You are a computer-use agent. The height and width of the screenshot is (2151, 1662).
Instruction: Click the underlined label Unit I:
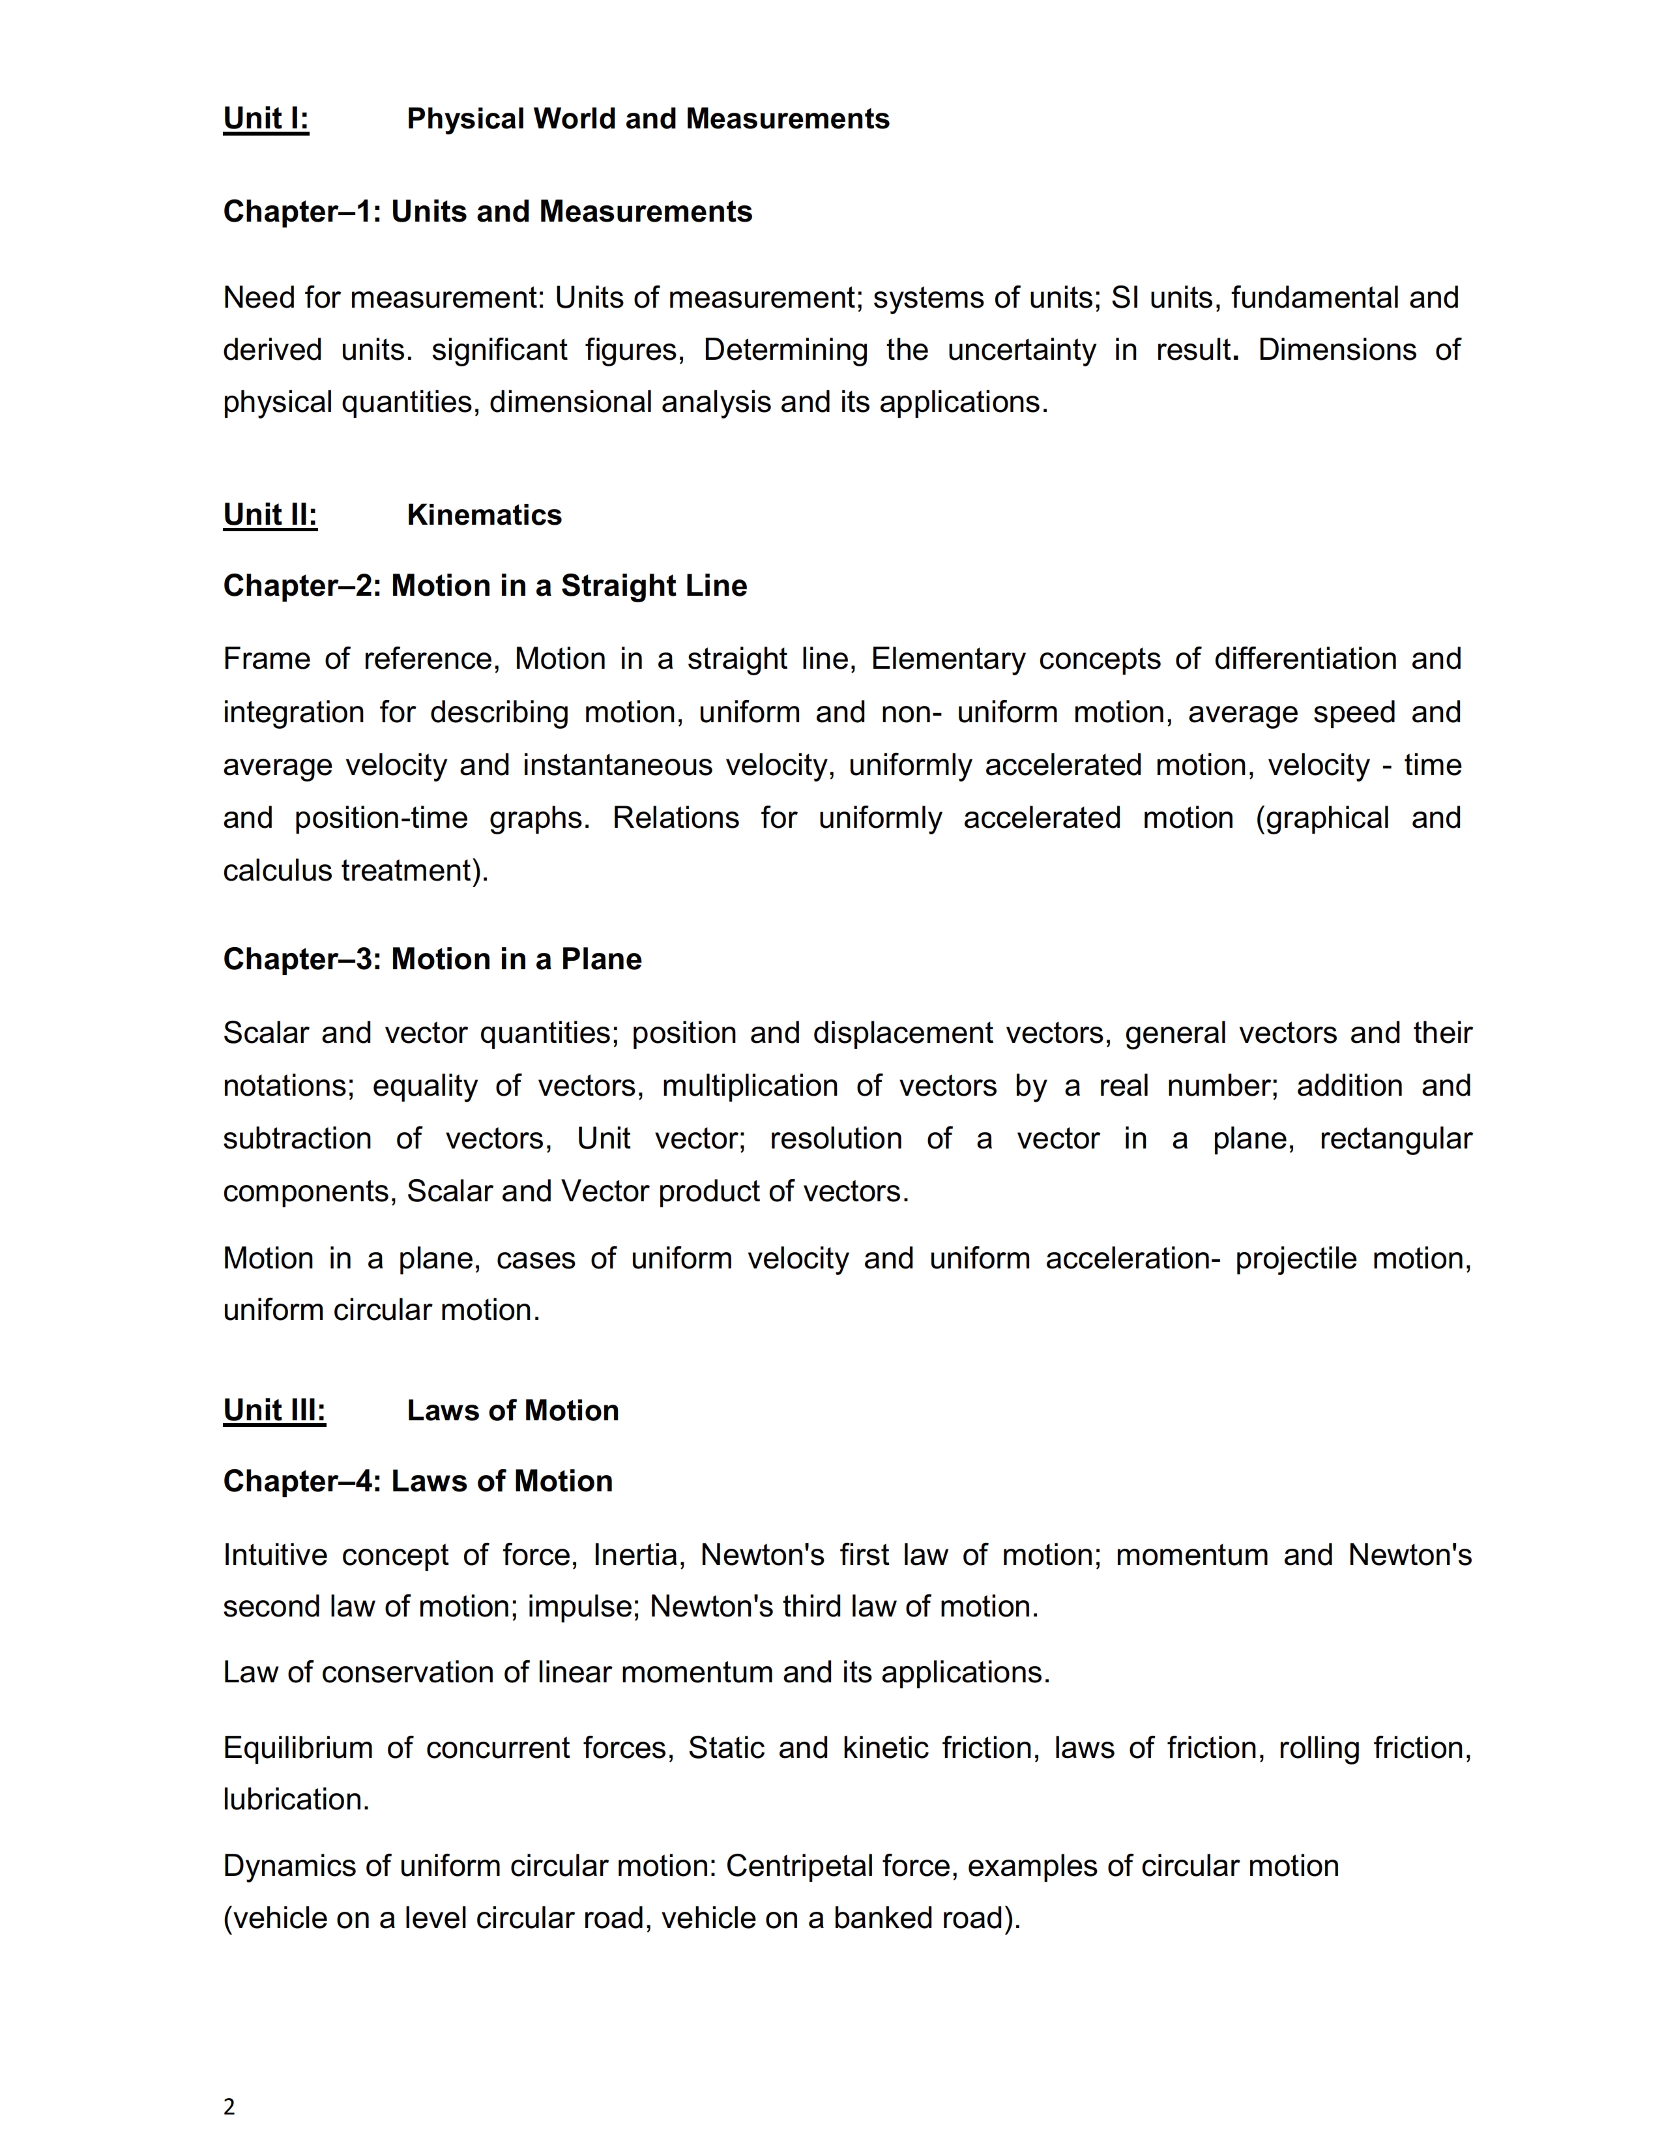(x=266, y=119)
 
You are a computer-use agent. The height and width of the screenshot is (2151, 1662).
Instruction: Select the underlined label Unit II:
(x=270, y=515)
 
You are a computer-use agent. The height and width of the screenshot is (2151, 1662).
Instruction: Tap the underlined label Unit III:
(x=274, y=1411)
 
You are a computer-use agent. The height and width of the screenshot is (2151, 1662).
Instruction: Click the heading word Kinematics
(x=484, y=515)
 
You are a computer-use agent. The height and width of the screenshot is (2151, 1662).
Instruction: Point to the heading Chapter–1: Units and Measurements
(x=488, y=212)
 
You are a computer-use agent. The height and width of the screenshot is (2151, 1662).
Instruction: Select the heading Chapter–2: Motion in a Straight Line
(x=484, y=586)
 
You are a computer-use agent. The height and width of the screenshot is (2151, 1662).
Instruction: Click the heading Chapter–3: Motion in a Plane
(x=432, y=959)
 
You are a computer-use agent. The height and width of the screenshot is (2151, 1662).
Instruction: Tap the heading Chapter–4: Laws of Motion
(x=418, y=1482)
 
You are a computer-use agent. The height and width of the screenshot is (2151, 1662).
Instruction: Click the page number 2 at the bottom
(x=229, y=2107)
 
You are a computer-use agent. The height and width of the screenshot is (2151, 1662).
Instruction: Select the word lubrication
(x=295, y=1800)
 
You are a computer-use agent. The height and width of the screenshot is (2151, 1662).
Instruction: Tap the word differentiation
(x=1305, y=659)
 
